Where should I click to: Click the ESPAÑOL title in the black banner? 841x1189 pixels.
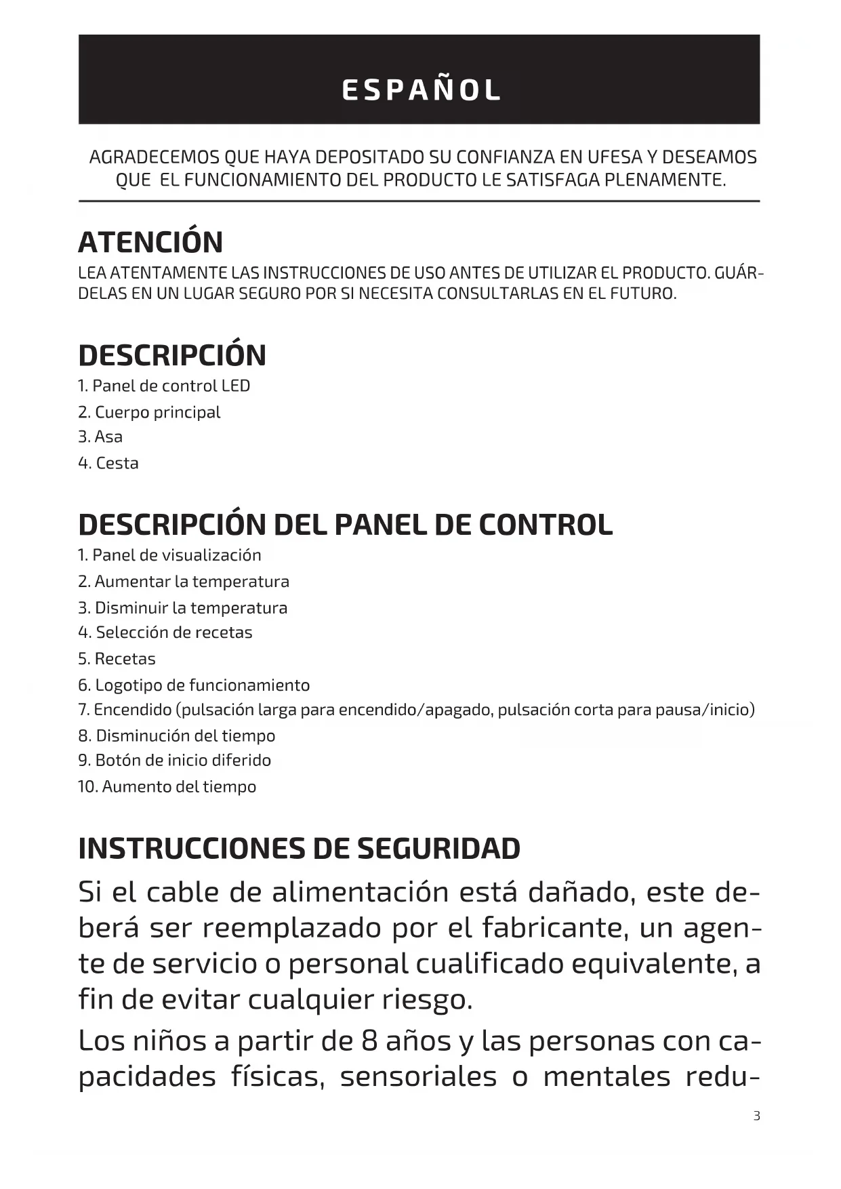(421, 90)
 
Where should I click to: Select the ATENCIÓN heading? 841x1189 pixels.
(150, 243)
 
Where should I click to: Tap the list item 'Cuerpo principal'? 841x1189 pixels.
(157, 412)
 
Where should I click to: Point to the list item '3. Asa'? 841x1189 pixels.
(100, 437)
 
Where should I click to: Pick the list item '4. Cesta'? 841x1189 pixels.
(108, 463)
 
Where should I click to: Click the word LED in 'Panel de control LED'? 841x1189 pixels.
(236, 386)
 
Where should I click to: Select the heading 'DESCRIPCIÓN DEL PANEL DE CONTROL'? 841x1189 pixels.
(346, 525)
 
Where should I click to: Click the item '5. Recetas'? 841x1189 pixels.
(117, 659)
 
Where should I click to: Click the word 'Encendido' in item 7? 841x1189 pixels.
(133, 710)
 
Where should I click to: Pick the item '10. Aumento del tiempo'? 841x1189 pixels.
(167, 787)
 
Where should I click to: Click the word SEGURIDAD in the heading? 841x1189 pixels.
(438, 849)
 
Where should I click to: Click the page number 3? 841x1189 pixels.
(757, 1116)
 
